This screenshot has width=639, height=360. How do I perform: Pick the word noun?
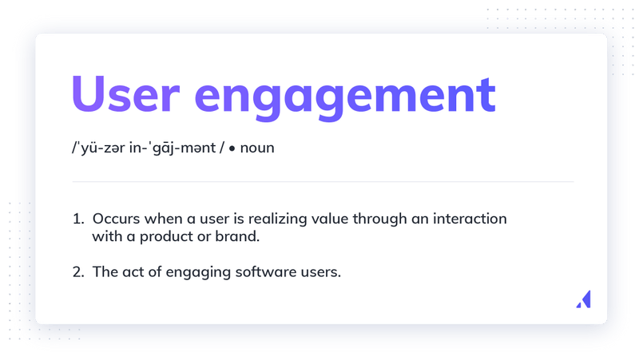tap(257, 149)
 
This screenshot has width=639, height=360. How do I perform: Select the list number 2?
tap(77, 271)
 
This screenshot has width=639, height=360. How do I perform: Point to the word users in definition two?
tap(321, 272)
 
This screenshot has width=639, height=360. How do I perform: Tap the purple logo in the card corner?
tap(583, 299)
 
